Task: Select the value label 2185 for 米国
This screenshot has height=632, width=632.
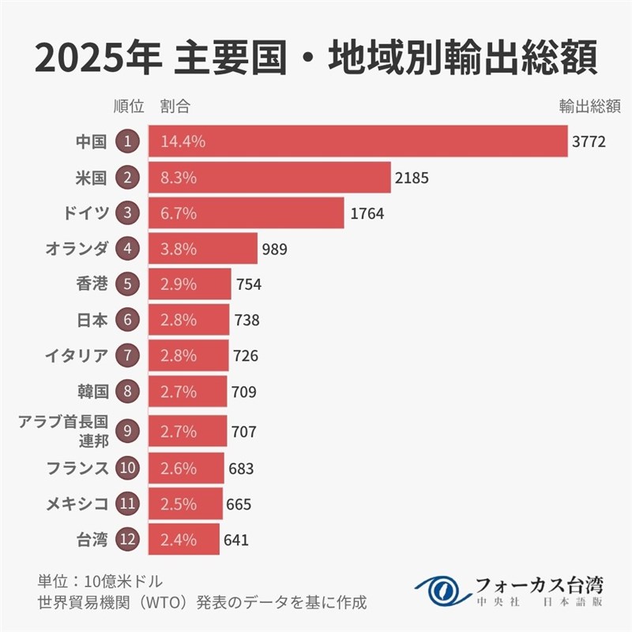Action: pyautogui.click(x=412, y=178)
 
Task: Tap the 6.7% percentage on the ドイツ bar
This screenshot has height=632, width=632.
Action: pyautogui.click(x=178, y=213)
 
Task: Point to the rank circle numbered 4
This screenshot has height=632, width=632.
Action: pyautogui.click(x=127, y=249)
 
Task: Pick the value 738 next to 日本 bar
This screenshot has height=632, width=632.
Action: pyautogui.click(x=246, y=320)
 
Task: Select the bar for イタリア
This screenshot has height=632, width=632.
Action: pyautogui.click(x=188, y=355)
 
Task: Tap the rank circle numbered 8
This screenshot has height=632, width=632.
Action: pyautogui.click(x=127, y=391)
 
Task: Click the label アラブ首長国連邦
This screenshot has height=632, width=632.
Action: pyautogui.click(x=63, y=431)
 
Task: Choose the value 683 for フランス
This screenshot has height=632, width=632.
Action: pyautogui.click(x=240, y=468)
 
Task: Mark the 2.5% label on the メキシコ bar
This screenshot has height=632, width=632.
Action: pyautogui.click(x=178, y=504)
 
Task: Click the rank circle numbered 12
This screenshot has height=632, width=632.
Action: pyautogui.click(x=127, y=540)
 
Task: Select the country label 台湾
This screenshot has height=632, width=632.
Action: pyautogui.click(x=91, y=540)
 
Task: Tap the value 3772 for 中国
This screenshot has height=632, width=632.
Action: pyautogui.click(x=589, y=142)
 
